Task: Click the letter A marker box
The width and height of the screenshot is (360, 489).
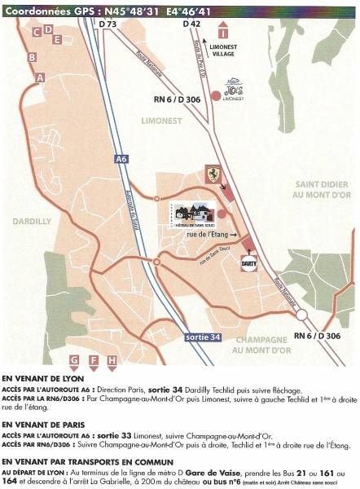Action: click(x=40, y=77)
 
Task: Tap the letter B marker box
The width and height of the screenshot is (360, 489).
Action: click(x=32, y=57)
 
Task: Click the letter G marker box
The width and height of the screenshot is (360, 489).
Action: click(x=74, y=359)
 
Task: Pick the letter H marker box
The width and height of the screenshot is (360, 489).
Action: click(x=112, y=359)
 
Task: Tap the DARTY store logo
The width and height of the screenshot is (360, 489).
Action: click(x=250, y=263)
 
